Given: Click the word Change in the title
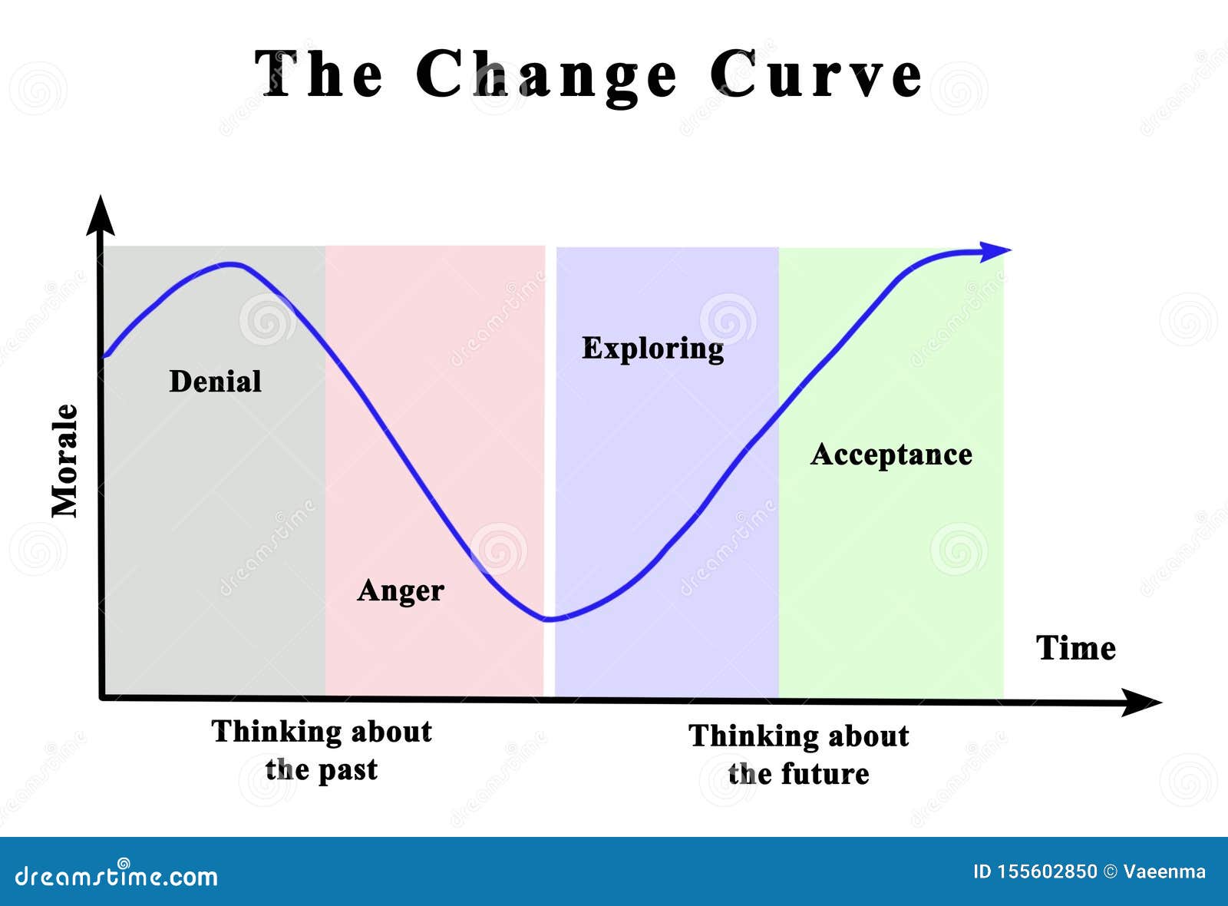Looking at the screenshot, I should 546,74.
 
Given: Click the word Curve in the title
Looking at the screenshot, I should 816,74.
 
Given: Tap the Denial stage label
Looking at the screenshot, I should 215,382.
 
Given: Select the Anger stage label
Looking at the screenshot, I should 401,590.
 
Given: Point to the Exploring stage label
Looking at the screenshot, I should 652,349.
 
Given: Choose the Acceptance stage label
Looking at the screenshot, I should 891,455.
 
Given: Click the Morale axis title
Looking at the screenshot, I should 65,461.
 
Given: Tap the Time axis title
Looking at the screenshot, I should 1075,648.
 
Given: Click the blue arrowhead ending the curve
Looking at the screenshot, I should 996,250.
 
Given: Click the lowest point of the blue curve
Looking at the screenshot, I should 548,619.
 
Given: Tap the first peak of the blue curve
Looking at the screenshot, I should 230,264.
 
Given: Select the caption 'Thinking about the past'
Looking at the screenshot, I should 322,750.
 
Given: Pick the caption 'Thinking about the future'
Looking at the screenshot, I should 799,755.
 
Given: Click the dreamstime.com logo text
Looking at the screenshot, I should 117,875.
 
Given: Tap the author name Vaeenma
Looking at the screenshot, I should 1164,871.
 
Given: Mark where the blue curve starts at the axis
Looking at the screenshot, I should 105,356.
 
